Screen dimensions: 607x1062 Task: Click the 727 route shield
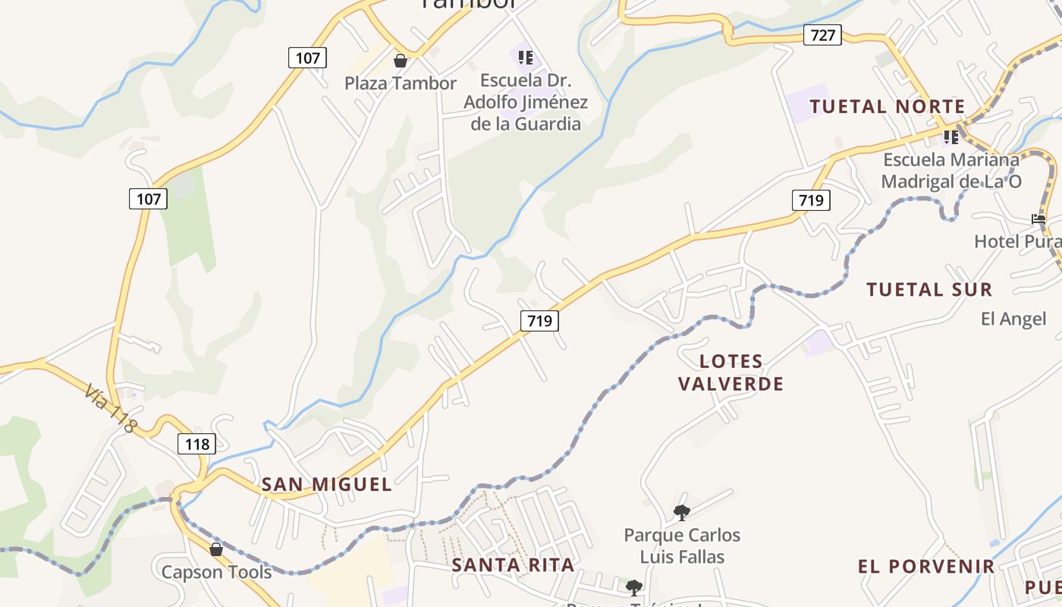tap(823, 35)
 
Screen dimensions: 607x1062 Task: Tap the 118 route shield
tap(197, 444)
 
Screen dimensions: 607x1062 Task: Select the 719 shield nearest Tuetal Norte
tap(811, 200)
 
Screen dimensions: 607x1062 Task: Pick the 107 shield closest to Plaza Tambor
tap(307, 58)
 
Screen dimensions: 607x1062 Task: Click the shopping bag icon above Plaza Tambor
tap(401, 61)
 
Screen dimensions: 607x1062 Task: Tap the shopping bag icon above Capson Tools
tap(216, 549)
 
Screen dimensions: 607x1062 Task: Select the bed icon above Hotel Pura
tap(1038, 219)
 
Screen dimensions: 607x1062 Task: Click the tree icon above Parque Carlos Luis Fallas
tap(681, 512)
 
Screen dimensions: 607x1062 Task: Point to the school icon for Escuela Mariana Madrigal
tap(950, 137)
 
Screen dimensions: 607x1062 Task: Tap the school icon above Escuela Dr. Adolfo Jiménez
tap(526, 58)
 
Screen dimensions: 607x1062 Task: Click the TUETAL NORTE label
tap(887, 107)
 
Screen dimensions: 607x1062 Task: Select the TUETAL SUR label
tap(928, 290)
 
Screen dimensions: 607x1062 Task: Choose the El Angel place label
tap(1013, 319)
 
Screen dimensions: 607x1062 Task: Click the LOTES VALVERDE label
tap(731, 373)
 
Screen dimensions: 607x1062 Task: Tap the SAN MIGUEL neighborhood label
tap(327, 484)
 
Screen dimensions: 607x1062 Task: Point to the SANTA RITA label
tap(514, 565)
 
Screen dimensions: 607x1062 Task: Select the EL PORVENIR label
tap(926, 567)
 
